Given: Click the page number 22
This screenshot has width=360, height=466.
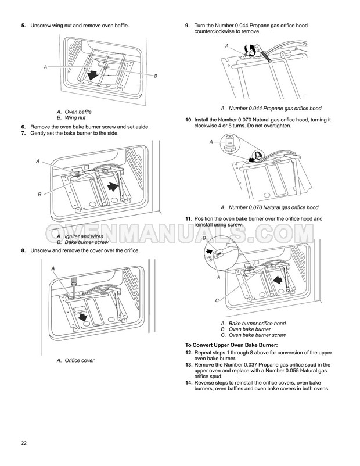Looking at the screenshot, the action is tap(24, 443).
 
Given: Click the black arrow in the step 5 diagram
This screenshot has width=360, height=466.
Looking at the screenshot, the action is tap(93, 75).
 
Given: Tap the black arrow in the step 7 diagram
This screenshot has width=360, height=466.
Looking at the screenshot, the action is tap(113, 187).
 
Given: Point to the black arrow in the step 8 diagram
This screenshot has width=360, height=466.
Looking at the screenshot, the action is tap(82, 317).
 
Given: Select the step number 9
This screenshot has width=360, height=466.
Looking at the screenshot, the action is tap(188, 26).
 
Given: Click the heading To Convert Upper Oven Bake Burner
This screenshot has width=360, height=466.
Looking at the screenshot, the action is tap(231, 345).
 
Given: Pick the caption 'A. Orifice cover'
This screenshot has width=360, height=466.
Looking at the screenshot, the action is tap(75, 360).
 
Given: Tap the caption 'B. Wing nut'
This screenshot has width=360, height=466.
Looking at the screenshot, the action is tap(71, 118).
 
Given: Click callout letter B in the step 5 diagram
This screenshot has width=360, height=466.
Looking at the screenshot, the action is tap(156, 76).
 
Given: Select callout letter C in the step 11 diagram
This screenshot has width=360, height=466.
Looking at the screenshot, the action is tap(217, 300).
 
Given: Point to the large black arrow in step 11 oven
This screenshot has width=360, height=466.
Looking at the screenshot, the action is tap(278, 279).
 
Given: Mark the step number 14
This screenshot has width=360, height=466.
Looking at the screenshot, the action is tap(189, 383).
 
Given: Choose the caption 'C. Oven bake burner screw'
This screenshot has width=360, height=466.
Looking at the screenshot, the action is tap(253, 335).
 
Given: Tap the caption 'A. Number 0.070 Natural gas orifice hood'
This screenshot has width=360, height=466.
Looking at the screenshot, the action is tap(269, 207).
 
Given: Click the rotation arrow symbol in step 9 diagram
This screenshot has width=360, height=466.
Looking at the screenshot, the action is tap(250, 49).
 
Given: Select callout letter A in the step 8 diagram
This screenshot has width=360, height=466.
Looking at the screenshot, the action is tap(53, 268).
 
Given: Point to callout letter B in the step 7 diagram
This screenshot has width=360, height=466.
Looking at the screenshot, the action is tap(39, 195).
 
